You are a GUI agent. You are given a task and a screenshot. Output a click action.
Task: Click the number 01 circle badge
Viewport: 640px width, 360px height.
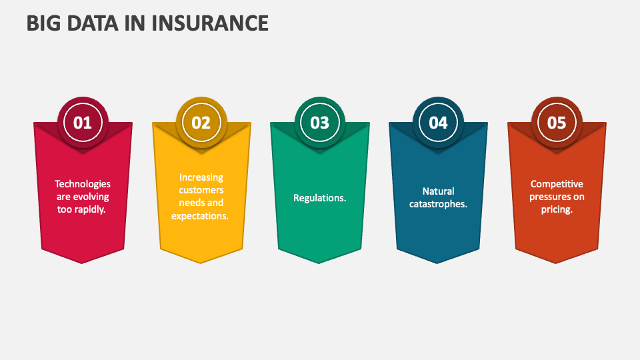83,123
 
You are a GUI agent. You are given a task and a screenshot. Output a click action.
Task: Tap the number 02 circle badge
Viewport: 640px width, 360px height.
201,123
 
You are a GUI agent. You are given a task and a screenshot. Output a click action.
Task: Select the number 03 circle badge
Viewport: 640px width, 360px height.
320,123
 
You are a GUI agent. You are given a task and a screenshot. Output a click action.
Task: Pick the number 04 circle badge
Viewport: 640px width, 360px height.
438,123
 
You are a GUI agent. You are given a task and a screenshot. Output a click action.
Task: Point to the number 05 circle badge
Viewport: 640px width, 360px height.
557,123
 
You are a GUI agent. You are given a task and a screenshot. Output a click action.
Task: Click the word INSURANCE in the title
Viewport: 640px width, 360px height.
211,23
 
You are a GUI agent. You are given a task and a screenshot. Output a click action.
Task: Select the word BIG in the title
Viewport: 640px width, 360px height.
45,23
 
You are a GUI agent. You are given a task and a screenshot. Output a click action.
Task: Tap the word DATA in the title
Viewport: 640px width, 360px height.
97,23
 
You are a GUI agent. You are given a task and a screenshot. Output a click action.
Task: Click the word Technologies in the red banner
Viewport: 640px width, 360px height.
83,184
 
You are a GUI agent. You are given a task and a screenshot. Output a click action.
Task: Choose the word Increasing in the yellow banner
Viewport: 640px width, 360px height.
201,177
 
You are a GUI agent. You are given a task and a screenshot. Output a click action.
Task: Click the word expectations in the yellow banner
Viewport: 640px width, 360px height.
200,215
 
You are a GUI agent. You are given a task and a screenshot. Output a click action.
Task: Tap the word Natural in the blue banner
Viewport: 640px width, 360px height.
438,191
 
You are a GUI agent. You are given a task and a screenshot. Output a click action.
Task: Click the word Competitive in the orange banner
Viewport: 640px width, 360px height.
557,184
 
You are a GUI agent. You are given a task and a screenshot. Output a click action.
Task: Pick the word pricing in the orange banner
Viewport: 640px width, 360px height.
557,209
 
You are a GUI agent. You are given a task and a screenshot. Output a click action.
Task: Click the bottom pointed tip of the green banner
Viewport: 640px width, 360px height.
319,263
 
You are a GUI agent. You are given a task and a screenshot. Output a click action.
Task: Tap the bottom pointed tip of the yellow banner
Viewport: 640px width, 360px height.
201,263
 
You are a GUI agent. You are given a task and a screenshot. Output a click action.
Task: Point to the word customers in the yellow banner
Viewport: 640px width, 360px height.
201,190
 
